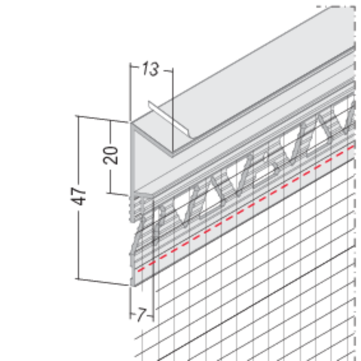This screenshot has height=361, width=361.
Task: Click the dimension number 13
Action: [x=151, y=69]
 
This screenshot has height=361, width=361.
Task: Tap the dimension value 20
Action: [x=110, y=155]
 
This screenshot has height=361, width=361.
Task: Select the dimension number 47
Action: [x=78, y=196]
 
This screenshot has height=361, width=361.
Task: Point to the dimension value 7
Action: [x=142, y=315]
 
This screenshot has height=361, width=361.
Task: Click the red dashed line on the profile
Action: [x=246, y=208]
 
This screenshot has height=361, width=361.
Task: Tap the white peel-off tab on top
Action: [x=169, y=119]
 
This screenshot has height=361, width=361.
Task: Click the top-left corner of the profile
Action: [x=131, y=123]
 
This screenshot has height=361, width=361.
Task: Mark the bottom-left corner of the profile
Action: [x=132, y=286]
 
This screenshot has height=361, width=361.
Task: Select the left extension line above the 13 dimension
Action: [x=130, y=92]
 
